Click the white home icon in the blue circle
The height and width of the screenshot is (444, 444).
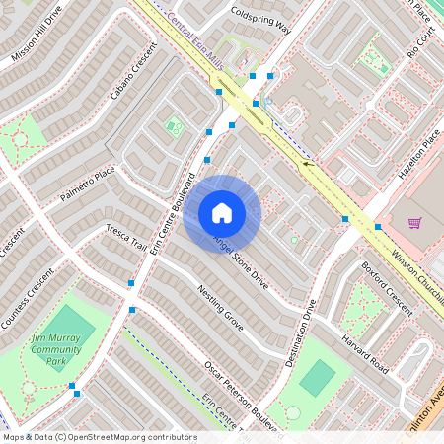click(222, 213)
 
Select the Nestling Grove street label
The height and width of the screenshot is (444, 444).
click(220, 309)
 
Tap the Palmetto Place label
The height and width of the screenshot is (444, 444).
click(88, 184)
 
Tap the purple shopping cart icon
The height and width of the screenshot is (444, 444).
click(414, 223)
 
